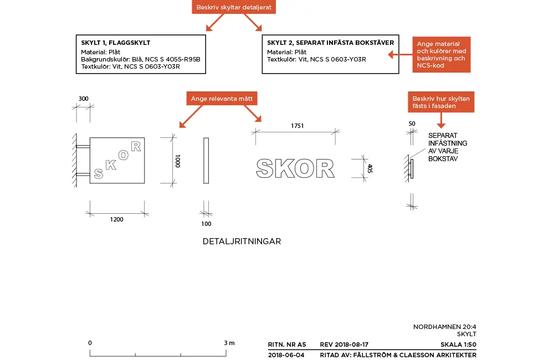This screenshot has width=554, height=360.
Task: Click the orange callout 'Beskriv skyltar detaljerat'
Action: coord(234,7)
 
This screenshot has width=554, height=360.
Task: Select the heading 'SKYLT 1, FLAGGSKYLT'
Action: coord(116,43)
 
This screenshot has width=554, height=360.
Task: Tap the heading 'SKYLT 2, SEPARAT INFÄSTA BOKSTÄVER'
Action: coord(330,43)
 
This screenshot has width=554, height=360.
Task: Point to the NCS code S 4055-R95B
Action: coord(173,59)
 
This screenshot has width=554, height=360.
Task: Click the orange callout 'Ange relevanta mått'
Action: coord(222,99)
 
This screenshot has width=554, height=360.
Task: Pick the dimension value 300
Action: coord(84,99)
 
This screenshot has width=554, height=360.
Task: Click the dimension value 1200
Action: coord(116,219)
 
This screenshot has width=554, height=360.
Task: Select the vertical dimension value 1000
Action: coord(178,161)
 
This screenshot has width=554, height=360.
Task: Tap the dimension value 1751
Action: coord(297,126)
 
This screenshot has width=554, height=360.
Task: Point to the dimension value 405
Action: coord(370,168)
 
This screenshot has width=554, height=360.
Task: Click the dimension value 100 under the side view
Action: coord(206,224)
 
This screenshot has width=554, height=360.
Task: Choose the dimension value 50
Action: coord(412,124)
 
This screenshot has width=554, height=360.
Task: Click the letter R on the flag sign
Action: coord(136,146)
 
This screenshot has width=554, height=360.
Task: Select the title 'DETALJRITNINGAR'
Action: coord(242,241)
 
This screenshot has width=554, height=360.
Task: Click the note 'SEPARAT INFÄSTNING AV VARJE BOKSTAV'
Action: coord(448,147)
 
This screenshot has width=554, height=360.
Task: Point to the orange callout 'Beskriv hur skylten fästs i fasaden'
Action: coord(441,102)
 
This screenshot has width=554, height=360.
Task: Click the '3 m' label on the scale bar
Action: coord(229,343)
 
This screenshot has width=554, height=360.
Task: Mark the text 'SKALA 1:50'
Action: coord(458,344)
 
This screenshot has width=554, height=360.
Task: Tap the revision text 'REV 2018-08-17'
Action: coord(344,344)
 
